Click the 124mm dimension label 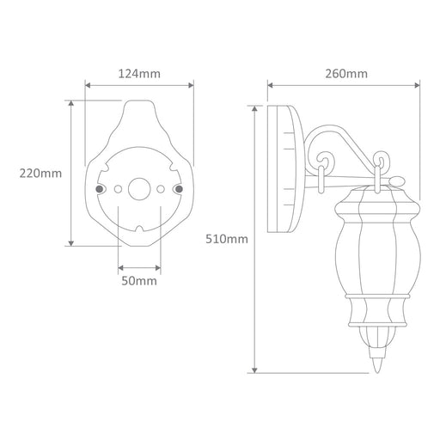[139, 74]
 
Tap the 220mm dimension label [40, 174]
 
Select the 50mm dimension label [139, 281]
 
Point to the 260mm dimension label [346, 74]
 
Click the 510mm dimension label [227, 239]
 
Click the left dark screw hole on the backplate [100, 189]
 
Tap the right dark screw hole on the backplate [179, 189]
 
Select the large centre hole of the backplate [139, 189]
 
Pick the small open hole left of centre [118, 189]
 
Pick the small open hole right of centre [161, 189]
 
